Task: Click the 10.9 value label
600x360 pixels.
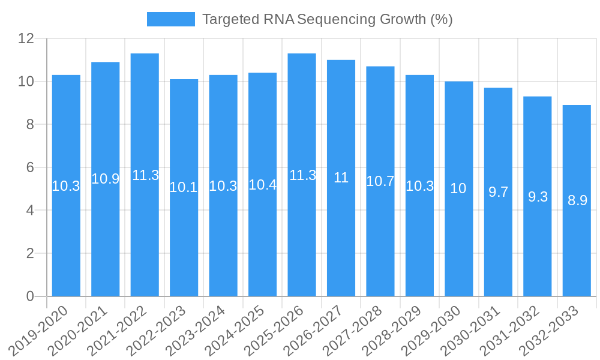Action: pyautogui.click(x=106, y=179)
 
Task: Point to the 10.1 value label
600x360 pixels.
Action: pyautogui.click(x=184, y=187)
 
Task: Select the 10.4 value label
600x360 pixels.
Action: pyautogui.click(x=262, y=185)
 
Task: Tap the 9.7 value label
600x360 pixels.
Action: pyautogui.click(x=498, y=192)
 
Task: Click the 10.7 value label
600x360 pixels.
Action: pyautogui.click(x=380, y=181)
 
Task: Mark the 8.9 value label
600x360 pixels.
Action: pyautogui.click(x=577, y=201)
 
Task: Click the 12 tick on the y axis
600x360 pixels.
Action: pyautogui.click(x=26, y=38)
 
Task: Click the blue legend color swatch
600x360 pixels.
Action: pyautogui.click(x=171, y=19)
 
